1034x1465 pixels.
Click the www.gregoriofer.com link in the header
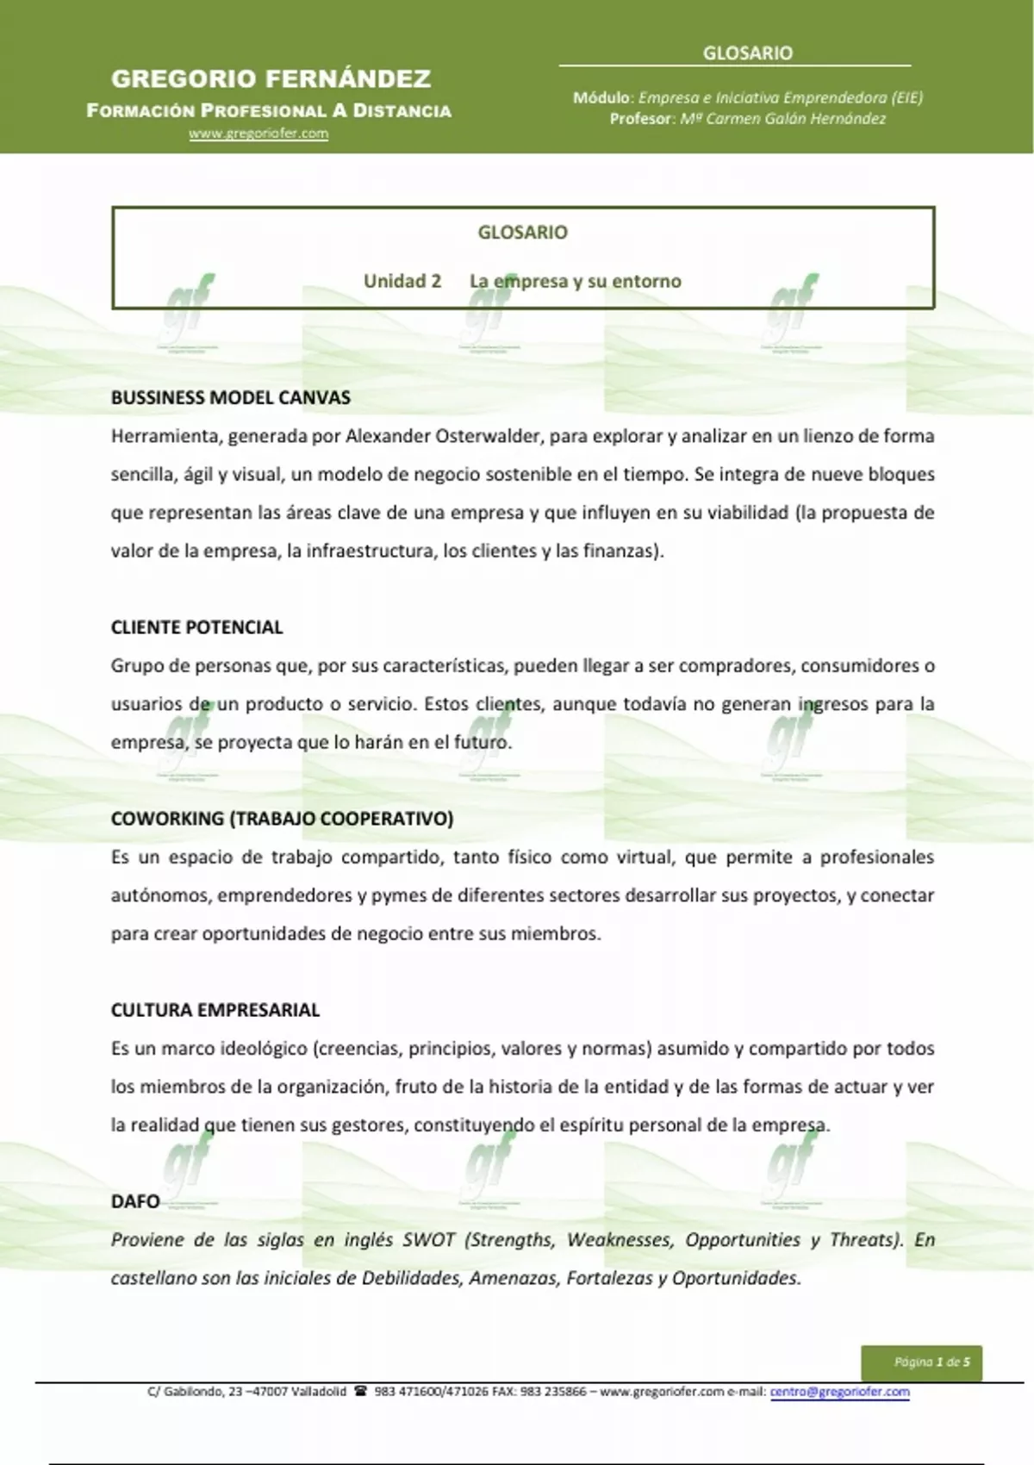click(258, 134)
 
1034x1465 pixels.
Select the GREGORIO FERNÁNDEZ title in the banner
click(271, 79)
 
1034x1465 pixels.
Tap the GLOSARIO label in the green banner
click(747, 53)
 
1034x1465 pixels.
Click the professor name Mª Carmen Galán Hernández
click(782, 119)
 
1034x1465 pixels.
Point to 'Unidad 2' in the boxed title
click(402, 281)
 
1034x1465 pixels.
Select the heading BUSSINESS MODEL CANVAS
click(230, 397)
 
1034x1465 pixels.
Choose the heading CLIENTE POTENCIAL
click(196, 627)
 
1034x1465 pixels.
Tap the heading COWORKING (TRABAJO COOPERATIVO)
click(282, 819)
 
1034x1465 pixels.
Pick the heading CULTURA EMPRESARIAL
click(215, 1010)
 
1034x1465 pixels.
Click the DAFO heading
click(135, 1201)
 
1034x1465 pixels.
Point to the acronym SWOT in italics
click(428, 1240)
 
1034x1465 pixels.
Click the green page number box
click(921, 1362)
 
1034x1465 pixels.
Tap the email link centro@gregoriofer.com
click(839, 1392)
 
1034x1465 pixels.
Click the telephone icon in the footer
click(360, 1392)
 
